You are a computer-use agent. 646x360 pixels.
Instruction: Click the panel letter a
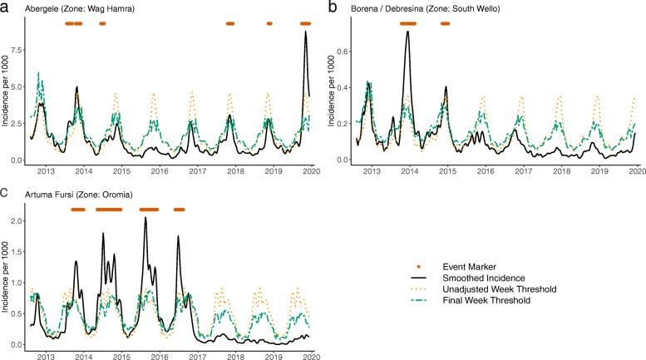tap(5, 7)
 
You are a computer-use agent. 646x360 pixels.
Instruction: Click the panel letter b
tap(333, 7)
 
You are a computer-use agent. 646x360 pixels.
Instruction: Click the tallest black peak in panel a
tap(305, 32)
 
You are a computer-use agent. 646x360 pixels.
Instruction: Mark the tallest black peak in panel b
tap(407, 32)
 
